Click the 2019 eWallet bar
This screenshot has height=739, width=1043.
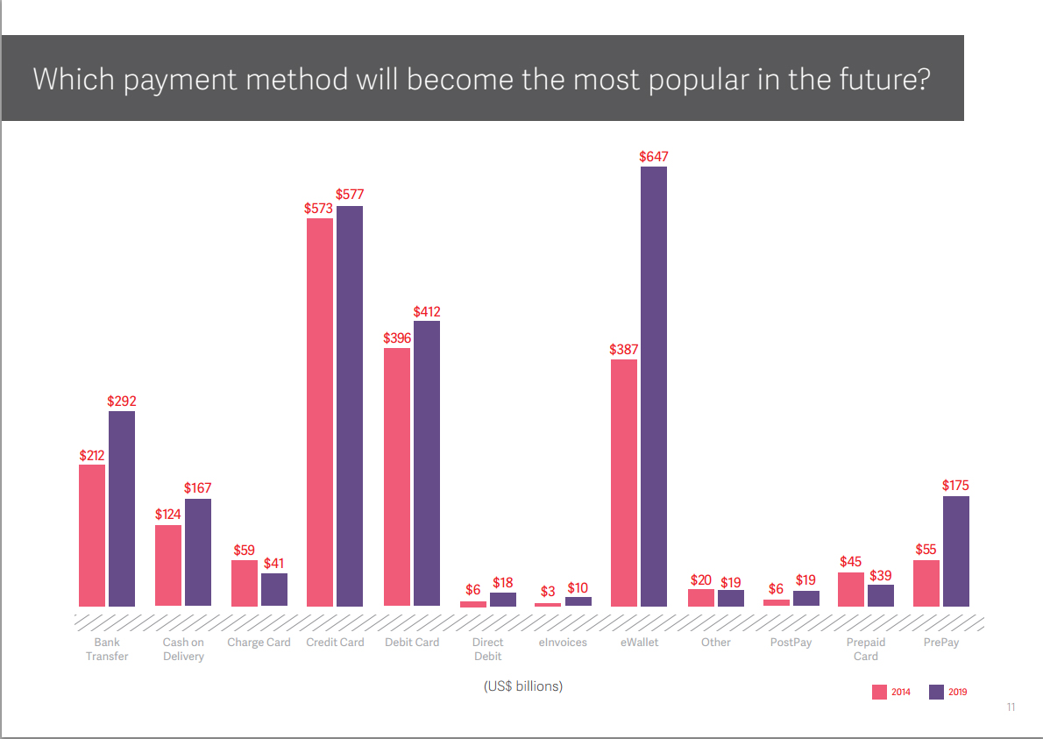654,386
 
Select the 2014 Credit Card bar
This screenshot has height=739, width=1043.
320,412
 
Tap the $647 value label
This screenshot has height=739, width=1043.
654,157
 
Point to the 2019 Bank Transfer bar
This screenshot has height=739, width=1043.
122,508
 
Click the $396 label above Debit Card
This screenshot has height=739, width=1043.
397,338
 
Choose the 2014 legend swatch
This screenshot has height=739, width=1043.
879,692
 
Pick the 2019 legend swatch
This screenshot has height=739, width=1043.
936,692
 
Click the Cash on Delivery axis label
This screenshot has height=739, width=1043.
183,650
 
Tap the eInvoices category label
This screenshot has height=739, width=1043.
563,643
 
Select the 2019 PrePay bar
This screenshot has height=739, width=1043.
956,551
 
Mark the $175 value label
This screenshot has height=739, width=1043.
956,486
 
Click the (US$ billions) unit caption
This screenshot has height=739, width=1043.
523,686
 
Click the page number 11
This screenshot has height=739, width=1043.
1011,707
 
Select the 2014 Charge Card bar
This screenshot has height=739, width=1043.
245,583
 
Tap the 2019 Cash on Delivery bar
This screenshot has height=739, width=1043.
198,552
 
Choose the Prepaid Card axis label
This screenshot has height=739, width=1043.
866,650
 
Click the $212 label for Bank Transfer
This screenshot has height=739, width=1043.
92,455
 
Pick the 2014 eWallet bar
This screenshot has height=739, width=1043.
624,483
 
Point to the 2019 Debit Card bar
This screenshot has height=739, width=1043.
427,463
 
